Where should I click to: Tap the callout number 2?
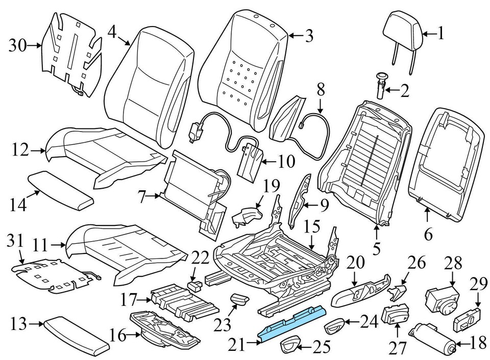(x=404, y=92)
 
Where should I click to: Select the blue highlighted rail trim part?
(x=292, y=322)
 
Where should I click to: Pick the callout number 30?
(x=18, y=46)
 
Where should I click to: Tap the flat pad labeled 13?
(x=76, y=334)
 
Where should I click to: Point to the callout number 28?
(x=453, y=264)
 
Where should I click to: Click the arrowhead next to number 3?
(x=289, y=36)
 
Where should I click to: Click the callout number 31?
(x=17, y=239)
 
